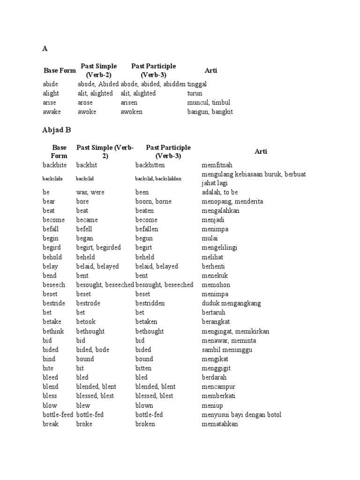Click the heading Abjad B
point(58,130)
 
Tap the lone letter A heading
point(45,48)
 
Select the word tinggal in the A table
point(197,84)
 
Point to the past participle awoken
point(132,112)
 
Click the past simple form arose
point(85,103)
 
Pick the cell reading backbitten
point(150,165)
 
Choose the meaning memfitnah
point(217,165)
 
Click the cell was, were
point(90,192)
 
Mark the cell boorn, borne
point(153,202)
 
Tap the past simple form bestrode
point(88,303)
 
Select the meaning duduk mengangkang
point(231,303)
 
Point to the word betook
point(86,322)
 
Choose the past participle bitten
point(144,368)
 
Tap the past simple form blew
point(83,405)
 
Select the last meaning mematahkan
point(220,424)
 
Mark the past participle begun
point(144,239)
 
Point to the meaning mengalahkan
point(220,211)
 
